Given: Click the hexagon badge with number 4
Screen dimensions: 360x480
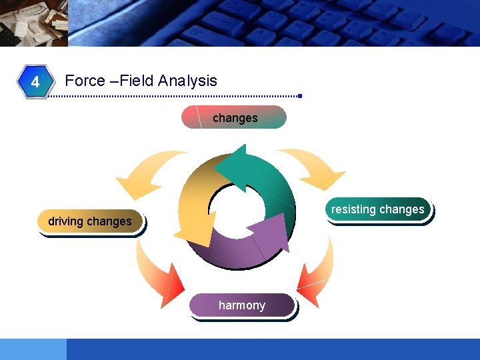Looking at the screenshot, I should pyautogui.click(x=35, y=82).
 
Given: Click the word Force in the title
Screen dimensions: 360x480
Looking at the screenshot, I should pyautogui.click(x=85, y=81).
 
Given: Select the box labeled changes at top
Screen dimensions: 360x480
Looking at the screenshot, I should pyautogui.click(x=234, y=117).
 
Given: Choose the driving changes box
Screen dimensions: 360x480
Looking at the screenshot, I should pyautogui.click(x=91, y=221).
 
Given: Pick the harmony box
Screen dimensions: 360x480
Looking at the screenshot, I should pyautogui.click(x=241, y=305).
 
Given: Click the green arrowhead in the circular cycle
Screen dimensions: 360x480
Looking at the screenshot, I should pyautogui.click(x=230, y=167).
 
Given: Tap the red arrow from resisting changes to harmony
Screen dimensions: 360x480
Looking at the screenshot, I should pyautogui.click(x=313, y=273).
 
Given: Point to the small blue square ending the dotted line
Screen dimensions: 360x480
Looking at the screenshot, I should pyautogui.click(x=300, y=97).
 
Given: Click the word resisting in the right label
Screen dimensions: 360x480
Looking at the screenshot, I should pyautogui.click(x=353, y=209).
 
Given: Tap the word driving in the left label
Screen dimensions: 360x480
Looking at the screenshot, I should pyautogui.click(x=66, y=221).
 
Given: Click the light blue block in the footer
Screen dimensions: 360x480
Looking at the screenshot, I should pyautogui.click(x=33, y=349).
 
